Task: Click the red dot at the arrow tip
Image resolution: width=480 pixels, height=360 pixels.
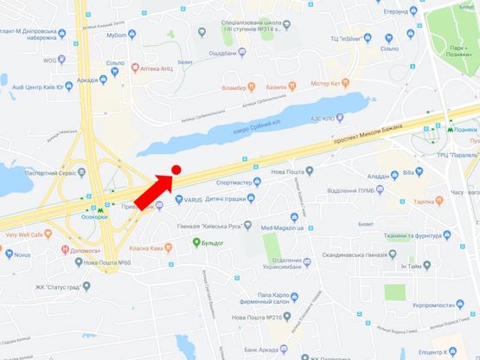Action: coord(176,170)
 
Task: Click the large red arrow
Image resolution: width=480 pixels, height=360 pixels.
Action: coord(154,191)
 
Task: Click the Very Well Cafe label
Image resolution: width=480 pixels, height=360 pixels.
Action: coord(29,234)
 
